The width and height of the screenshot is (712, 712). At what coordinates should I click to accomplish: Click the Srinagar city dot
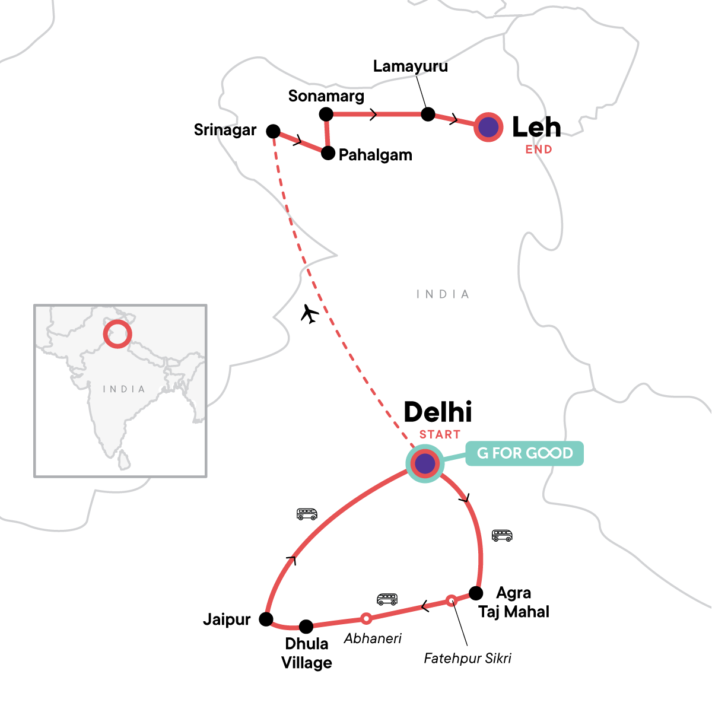pyautogui.click(x=273, y=131)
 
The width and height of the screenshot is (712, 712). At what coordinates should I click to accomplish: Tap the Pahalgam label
pyautogui.click(x=375, y=155)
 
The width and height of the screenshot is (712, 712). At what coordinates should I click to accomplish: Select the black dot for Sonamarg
pyautogui.click(x=326, y=114)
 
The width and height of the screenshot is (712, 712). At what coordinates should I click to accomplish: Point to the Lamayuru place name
pyautogui.click(x=410, y=66)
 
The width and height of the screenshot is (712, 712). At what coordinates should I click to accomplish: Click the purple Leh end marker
pyautogui.click(x=488, y=128)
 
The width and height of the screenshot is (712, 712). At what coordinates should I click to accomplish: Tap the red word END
pyautogui.click(x=539, y=150)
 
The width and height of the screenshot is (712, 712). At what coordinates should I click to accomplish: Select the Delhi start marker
pyautogui.click(x=425, y=463)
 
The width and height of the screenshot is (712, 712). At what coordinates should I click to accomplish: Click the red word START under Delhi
pyautogui.click(x=440, y=435)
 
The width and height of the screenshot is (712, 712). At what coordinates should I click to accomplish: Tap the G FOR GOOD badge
pyautogui.click(x=525, y=454)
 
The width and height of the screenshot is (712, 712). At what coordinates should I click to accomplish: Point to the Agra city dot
pyautogui.click(x=476, y=593)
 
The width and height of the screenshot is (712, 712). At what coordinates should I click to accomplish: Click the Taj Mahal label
pyautogui.click(x=514, y=612)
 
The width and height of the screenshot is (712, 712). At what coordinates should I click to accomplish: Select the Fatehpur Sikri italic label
pyautogui.click(x=468, y=658)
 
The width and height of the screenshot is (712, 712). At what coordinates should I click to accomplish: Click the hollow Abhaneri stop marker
pyautogui.click(x=367, y=619)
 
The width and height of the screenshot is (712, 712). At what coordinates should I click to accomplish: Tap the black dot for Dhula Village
pyautogui.click(x=306, y=626)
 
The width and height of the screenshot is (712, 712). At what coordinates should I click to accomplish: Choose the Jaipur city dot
pyautogui.click(x=266, y=619)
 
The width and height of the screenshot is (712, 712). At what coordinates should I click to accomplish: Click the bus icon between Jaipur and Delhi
pyautogui.click(x=307, y=514)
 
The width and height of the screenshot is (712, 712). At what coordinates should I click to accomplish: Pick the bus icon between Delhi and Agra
pyautogui.click(x=502, y=535)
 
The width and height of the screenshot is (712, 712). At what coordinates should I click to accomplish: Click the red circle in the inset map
pyautogui.click(x=117, y=333)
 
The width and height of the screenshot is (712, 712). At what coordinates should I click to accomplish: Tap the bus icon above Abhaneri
pyautogui.click(x=387, y=599)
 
